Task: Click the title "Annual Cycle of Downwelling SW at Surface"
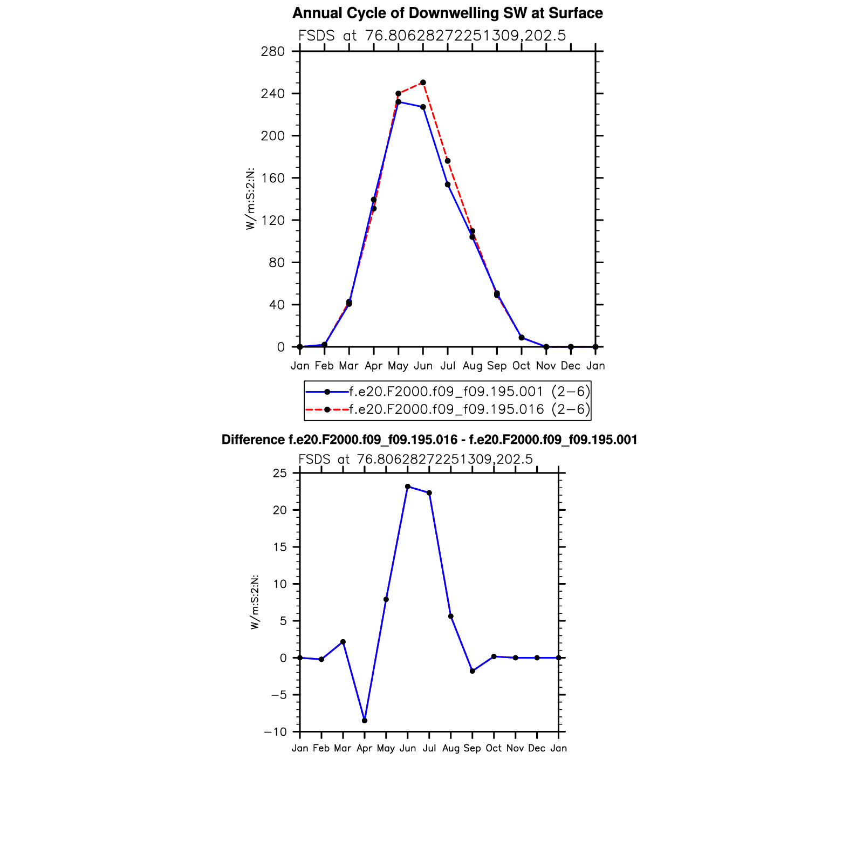[x=448, y=13]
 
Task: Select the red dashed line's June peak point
[x=423, y=83]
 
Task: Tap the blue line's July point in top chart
[x=448, y=184]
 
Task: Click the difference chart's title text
[x=429, y=440]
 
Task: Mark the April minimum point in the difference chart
[x=365, y=721]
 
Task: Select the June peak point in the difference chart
[x=408, y=487]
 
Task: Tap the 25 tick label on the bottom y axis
[x=280, y=474]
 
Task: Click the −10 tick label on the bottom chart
[x=275, y=732]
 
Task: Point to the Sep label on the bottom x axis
[x=472, y=749]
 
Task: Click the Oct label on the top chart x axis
[x=521, y=366]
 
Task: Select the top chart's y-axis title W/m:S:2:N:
[x=250, y=199]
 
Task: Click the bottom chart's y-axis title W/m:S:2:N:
[x=255, y=602]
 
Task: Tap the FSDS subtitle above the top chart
[x=432, y=36]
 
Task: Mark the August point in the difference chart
[x=451, y=617]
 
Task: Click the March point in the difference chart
[x=343, y=642]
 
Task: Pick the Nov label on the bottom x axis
[x=515, y=749]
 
